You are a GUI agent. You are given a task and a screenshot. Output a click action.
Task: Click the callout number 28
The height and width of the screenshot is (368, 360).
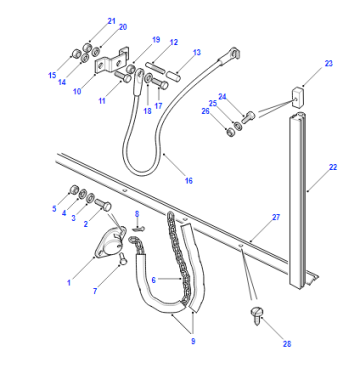(x=287, y=344)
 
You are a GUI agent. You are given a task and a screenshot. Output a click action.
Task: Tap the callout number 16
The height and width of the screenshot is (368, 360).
(x=189, y=181)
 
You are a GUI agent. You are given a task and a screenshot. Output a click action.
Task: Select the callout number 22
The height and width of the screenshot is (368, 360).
(x=333, y=167)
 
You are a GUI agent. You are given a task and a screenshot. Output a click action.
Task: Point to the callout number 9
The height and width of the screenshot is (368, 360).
(x=193, y=341)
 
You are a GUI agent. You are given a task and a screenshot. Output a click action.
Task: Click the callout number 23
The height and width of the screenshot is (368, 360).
(x=329, y=63)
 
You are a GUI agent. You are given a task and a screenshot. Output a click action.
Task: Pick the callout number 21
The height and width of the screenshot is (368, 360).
(x=111, y=21)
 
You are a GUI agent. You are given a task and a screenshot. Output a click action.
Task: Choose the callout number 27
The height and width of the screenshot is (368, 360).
(x=276, y=217)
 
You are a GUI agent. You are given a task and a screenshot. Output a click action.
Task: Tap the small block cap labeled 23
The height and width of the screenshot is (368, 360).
(x=299, y=97)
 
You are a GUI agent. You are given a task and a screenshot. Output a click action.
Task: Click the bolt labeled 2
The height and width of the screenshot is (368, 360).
(x=103, y=204)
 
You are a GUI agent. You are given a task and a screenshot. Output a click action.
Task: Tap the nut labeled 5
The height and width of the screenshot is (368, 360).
(x=73, y=190)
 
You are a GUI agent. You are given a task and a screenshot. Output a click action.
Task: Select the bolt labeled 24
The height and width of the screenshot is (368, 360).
(x=248, y=117)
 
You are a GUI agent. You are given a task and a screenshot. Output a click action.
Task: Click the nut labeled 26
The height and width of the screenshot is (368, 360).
(x=230, y=132)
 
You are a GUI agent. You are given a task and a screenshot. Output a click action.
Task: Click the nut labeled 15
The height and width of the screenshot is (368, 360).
(x=76, y=53)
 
